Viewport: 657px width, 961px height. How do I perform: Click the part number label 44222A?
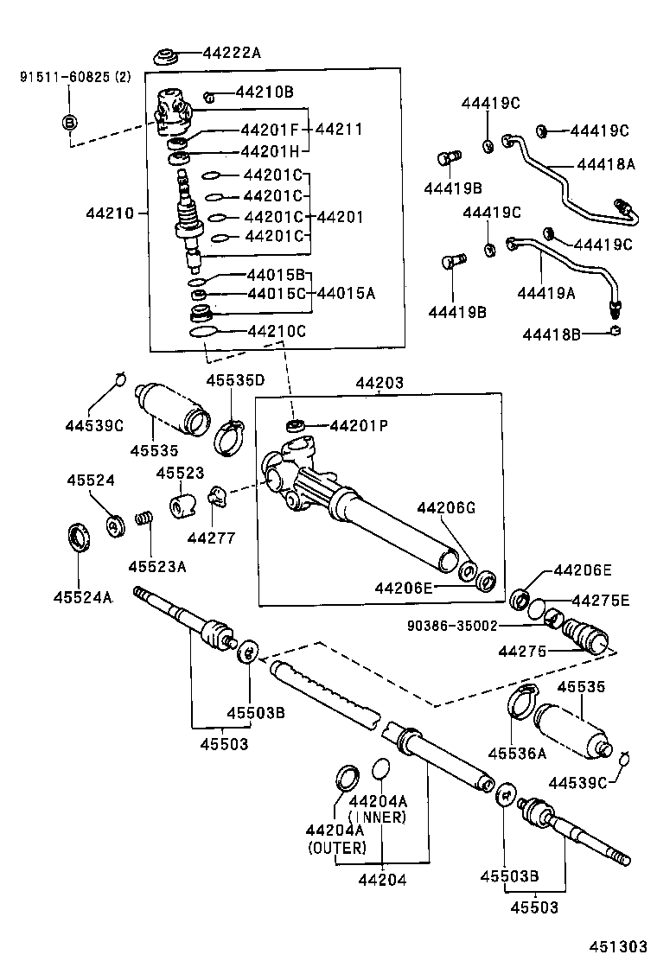click(231, 53)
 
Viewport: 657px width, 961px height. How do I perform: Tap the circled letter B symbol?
click(71, 122)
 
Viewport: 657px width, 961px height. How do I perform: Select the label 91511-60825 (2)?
click(75, 77)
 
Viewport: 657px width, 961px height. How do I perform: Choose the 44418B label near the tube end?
click(550, 334)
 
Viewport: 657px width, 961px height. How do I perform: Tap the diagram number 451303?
click(618, 944)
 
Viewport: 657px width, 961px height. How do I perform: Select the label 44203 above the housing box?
click(379, 382)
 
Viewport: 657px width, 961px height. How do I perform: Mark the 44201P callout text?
click(359, 425)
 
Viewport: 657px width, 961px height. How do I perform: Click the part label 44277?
click(210, 538)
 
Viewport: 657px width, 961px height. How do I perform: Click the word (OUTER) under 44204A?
click(337, 848)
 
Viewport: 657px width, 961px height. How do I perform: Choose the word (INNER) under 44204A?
click(376, 817)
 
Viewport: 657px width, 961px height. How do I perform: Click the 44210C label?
click(277, 331)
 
